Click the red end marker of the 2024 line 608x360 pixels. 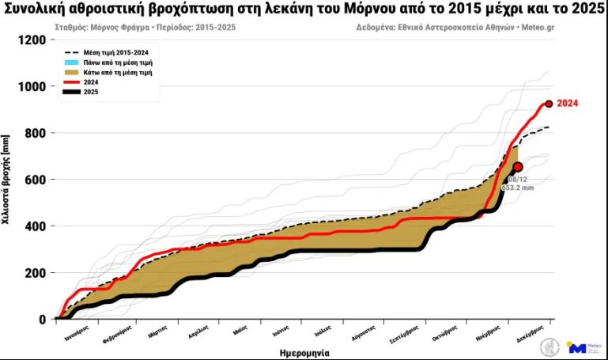(548, 104)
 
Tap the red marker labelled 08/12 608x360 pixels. (518, 167)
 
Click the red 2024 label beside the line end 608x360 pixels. (568, 104)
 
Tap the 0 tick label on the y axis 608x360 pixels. (44, 320)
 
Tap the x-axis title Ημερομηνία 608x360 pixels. (304, 353)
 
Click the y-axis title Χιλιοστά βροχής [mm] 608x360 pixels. (6, 180)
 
